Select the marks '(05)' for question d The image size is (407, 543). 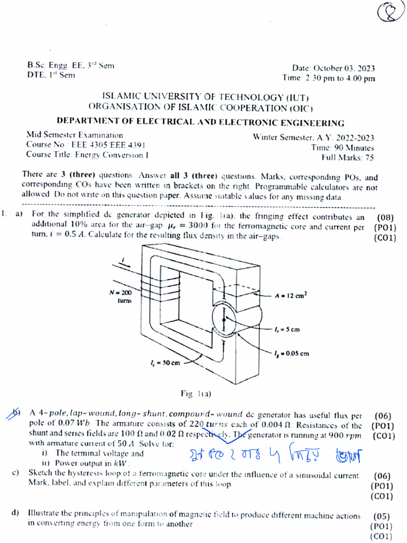coord(382,516)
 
